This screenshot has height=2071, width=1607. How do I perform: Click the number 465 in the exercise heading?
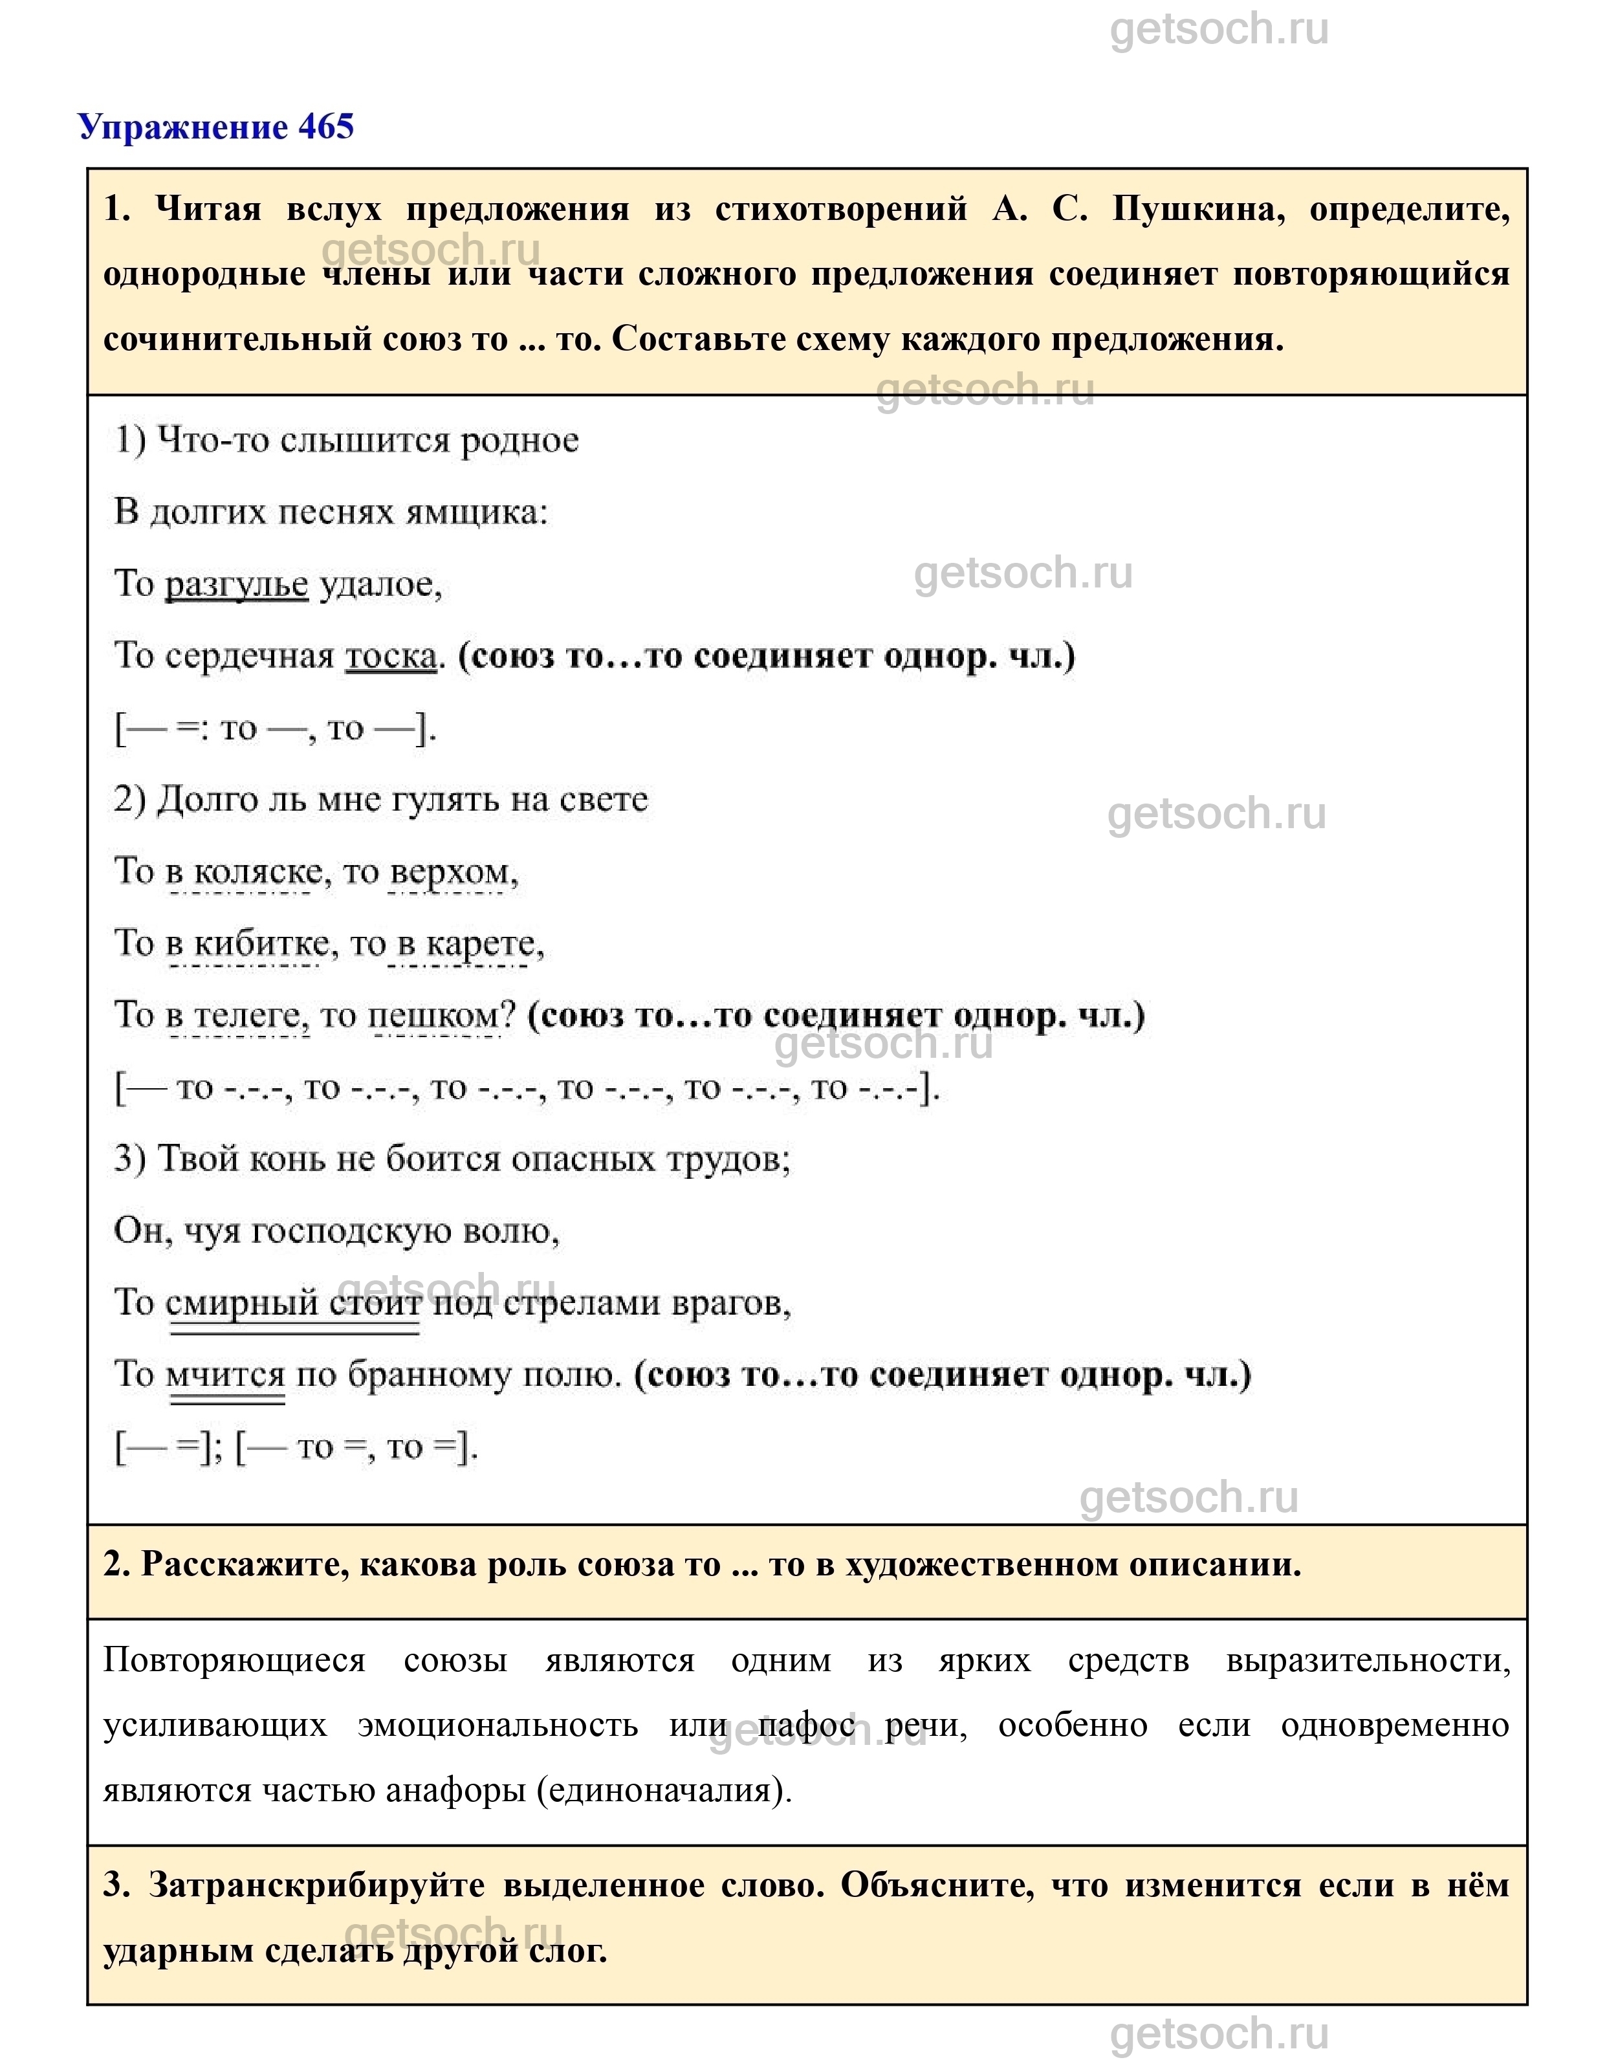[x=325, y=127]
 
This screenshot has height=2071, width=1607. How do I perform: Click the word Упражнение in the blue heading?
[x=183, y=127]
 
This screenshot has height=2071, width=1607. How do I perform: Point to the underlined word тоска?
[x=391, y=656]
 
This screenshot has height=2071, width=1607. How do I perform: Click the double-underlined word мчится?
[x=226, y=1375]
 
